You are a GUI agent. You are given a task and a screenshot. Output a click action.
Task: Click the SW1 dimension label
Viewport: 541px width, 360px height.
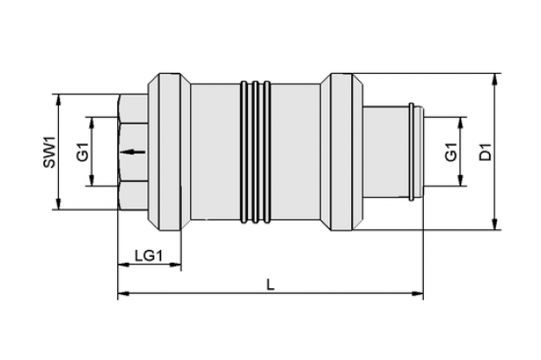click(49, 152)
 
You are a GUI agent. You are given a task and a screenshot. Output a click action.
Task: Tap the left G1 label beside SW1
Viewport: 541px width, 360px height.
click(83, 152)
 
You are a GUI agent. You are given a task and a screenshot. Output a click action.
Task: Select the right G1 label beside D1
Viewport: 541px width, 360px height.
click(451, 152)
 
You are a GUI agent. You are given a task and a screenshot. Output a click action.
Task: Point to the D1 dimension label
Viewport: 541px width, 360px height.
click(486, 152)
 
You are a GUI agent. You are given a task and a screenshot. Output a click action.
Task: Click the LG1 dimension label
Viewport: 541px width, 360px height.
click(148, 256)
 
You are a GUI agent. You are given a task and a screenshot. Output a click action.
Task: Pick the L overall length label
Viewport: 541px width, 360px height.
click(270, 285)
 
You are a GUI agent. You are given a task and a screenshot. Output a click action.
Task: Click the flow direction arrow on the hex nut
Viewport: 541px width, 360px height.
click(133, 152)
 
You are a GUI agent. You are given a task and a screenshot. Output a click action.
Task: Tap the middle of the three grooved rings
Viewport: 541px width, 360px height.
click(255, 152)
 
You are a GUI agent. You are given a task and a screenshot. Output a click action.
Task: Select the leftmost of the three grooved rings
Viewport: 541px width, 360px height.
click(244, 152)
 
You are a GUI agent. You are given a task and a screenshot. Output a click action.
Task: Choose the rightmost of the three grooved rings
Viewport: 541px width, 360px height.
click(267, 152)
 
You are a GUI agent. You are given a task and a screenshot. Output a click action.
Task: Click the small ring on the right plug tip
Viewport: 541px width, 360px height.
click(412, 152)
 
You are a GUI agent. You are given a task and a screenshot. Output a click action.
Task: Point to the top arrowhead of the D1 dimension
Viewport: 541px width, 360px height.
click(495, 79)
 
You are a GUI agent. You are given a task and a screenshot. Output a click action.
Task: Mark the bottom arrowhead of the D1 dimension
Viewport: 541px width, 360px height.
click(495, 225)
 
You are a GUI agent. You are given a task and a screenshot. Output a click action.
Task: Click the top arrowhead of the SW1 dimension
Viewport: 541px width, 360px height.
click(59, 100)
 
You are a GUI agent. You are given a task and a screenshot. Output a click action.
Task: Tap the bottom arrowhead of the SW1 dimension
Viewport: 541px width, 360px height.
click(59, 204)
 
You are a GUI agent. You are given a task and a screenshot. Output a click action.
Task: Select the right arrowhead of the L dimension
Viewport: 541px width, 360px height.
click(418, 294)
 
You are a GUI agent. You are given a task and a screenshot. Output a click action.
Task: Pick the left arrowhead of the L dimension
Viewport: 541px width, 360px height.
click(124, 294)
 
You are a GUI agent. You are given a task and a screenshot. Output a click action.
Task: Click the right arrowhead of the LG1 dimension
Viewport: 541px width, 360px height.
click(175, 265)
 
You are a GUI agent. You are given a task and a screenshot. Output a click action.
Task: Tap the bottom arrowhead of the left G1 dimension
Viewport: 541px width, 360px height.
click(92, 180)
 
